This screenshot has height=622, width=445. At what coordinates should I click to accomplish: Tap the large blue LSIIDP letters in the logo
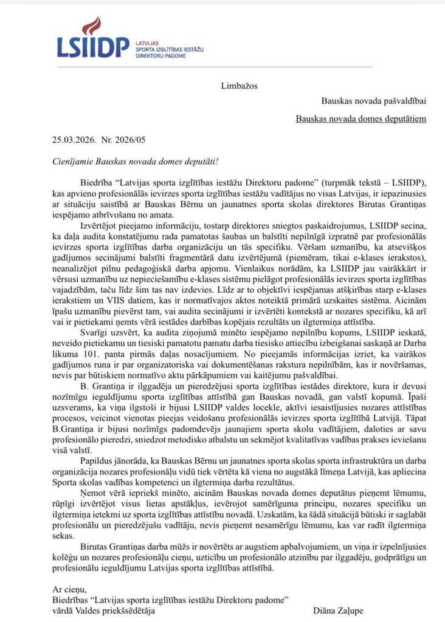pos(93,47)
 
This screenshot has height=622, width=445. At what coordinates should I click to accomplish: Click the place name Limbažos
pos(239,85)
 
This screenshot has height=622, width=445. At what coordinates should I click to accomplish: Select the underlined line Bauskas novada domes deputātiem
pos(361,118)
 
